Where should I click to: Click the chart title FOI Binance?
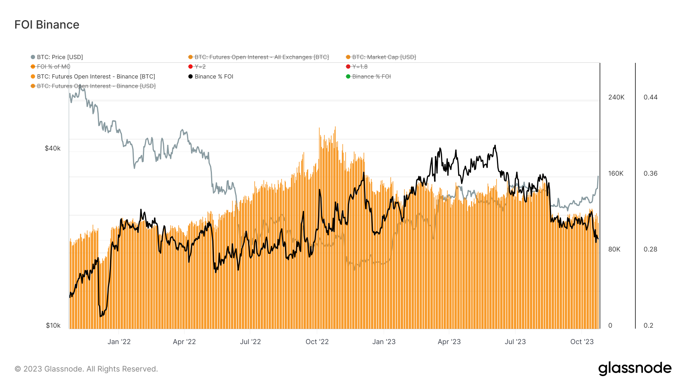tap(47, 25)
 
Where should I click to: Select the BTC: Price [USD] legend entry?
tap(57, 57)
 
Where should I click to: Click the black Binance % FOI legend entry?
tap(211, 77)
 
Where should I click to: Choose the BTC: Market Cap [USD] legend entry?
tap(381, 57)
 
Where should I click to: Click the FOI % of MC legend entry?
tap(51, 67)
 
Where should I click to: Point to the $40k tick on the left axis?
tap(53, 148)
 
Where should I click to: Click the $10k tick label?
tap(53, 325)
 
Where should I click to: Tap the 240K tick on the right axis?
tap(616, 97)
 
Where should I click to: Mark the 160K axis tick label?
tap(616, 173)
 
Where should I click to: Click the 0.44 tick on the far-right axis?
tap(651, 97)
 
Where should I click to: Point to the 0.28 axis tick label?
tap(651, 249)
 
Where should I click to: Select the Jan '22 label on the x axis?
tap(119, 342)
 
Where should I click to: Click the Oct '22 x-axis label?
tap(317, 342)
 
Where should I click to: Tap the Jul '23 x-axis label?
tap(515, 342)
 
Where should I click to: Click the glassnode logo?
tap(635, 368)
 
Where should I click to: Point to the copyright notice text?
tap(86, 369)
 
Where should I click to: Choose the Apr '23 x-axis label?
tap(449, 342)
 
